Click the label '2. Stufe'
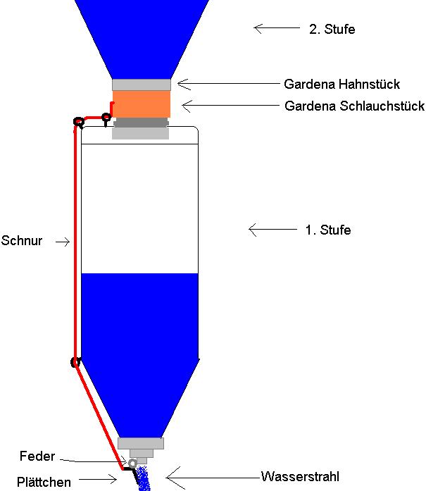332,30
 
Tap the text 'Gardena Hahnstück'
342,85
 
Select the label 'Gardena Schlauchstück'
354,106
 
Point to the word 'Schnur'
22,241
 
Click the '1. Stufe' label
327,230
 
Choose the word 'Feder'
37,456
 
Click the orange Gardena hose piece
141,105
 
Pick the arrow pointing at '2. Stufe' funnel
275,29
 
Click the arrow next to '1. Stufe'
271,230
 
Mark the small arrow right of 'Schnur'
63,242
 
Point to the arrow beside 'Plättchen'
106,480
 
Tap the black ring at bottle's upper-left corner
78,123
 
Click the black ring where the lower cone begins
75,363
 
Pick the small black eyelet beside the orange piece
106,117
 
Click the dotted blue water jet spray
145,480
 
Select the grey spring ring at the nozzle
132,462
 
